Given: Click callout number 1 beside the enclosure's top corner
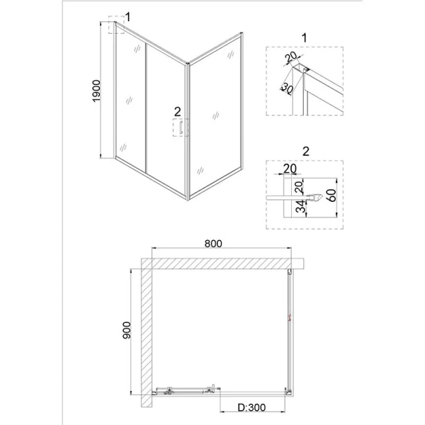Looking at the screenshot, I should [127, 16].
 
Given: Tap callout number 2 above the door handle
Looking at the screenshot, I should [178, 110].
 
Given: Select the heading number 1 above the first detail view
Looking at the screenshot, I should [305, 36].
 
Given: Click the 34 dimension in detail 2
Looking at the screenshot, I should [301, 208].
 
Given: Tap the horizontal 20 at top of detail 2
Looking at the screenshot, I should [290, 169].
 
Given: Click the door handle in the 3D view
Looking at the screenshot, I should [181, 128].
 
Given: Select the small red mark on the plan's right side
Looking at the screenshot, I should [289, 317].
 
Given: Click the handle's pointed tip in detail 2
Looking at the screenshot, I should [327, 197].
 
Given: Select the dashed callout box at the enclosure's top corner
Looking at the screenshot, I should [116, 26].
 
